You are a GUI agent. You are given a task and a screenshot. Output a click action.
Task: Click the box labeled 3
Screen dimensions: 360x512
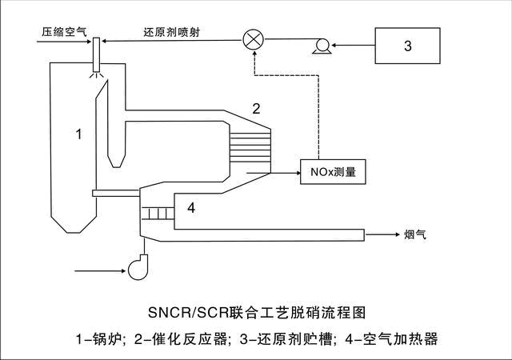pyautogui.click(x=408, y=46)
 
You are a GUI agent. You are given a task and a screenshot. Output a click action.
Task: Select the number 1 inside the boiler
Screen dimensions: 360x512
pyautogui.click(x=78, y=134)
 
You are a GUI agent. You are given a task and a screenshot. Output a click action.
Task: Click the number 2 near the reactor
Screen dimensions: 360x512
pyautogui.click(x=257, y=108)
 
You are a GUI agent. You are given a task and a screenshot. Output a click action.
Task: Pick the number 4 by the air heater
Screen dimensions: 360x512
pyautogui.click(x=190, y=209)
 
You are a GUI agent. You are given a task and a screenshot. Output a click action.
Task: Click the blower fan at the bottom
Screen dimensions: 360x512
pyautogui.click(x=141, y=266)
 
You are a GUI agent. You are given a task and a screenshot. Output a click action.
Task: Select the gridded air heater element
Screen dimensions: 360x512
pyautogui.click(x=158, y=214)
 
